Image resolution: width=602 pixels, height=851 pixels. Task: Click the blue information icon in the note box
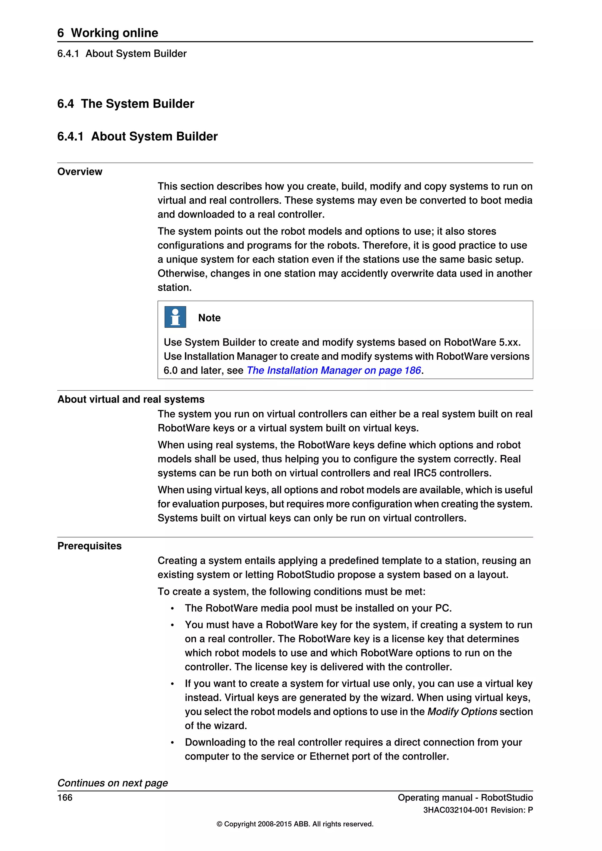coord(175,317)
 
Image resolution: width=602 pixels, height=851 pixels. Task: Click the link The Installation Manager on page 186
coord(334,370)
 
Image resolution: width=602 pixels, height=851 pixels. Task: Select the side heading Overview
coord(80,172)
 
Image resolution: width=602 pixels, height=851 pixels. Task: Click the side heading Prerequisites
coord(89,546)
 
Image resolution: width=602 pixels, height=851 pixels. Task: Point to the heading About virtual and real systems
coord(131,399)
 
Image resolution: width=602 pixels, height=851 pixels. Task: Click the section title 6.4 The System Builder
coord(126,103)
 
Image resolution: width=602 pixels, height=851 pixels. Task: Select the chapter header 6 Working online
coord(108,33)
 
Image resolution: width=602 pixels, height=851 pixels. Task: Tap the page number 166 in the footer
coord(65,798)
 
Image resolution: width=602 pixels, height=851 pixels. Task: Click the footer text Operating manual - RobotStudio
coord(465,798)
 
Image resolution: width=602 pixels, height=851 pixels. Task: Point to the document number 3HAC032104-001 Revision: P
coord(478,810)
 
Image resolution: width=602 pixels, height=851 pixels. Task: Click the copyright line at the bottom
coord(295,824)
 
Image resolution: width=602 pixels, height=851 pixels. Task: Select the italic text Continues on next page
coord(112,783)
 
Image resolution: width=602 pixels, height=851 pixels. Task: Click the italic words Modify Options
coord(462,712)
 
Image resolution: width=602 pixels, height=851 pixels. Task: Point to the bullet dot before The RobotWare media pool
coord(172,609)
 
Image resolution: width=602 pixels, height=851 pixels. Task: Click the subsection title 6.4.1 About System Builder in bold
coord(137,136)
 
